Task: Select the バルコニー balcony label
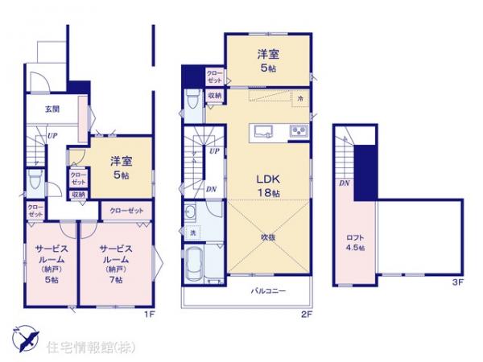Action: click(266, 290)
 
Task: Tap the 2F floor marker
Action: click(308, 314)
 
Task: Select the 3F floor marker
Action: click(457, 282)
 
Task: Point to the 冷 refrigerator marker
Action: click(299, 97)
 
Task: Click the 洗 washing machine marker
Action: click(193, 233)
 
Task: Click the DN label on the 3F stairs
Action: click(344, 184)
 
